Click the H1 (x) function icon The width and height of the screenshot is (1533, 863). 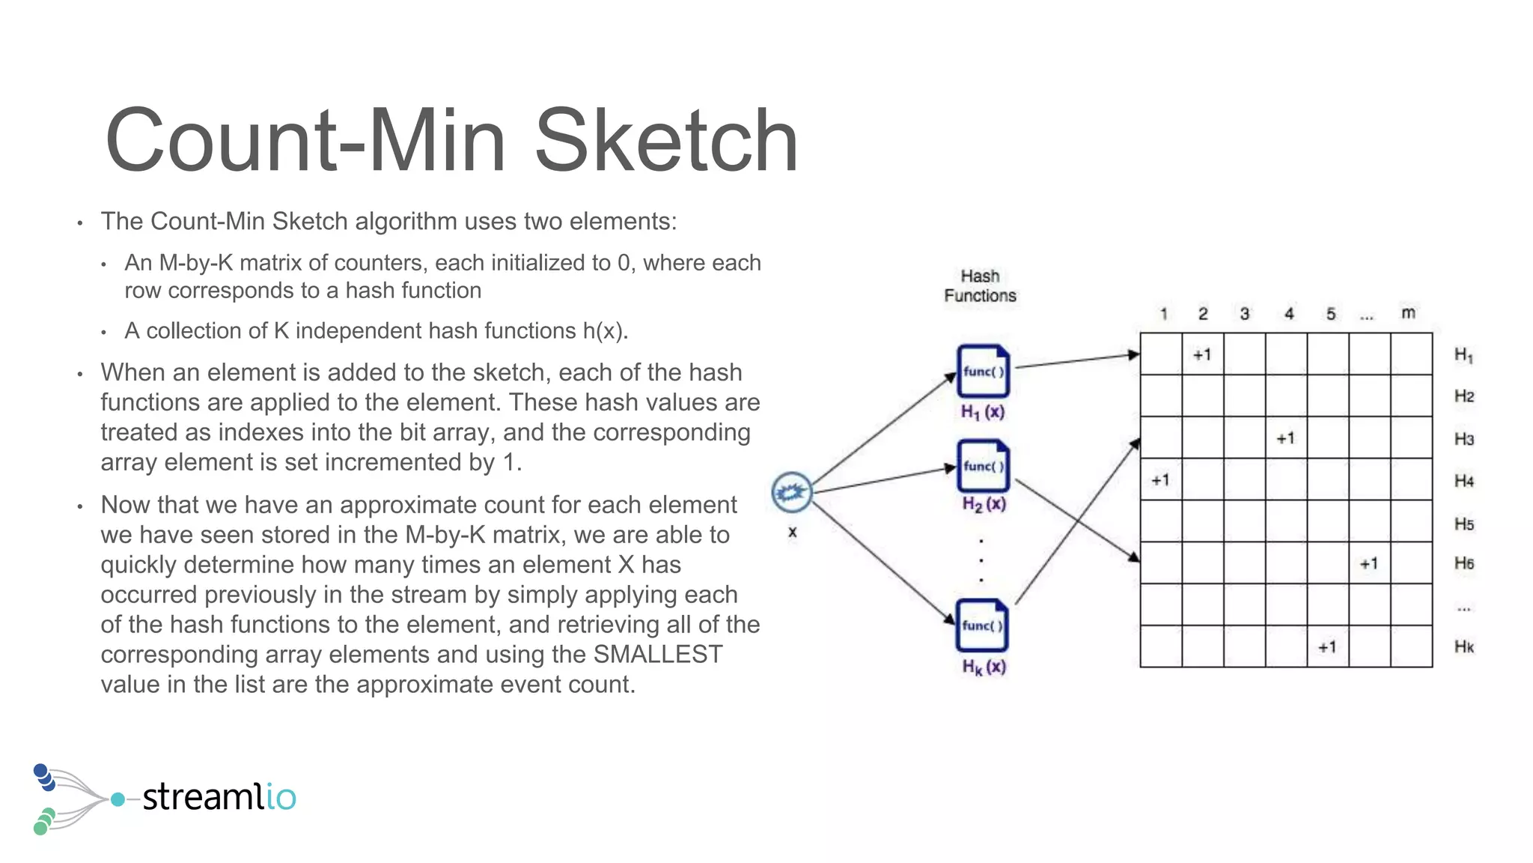click(983, 371)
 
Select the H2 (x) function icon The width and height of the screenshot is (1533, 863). click(983, 466)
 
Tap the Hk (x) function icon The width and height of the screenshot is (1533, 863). click(982, 626)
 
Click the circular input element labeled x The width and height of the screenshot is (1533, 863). click(792, 492)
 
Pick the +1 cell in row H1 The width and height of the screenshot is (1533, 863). click(1202, 354)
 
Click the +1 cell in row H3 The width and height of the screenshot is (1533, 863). click(1285, 438)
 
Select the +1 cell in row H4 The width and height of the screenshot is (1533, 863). click(1160, 480)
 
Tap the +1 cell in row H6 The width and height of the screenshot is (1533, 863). click(1369, 563)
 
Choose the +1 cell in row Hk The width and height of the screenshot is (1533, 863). click(1327, 647)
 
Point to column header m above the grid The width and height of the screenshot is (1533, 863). click(1408, 313)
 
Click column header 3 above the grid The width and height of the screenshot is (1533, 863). click(1244, 314)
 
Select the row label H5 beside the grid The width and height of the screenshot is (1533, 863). click(1464, 524)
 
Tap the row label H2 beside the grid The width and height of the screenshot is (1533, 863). click(1464, 396)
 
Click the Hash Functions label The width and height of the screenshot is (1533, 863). click(980, 286)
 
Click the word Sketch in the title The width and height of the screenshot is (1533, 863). click(665, 141)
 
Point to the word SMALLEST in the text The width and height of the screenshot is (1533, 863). click(658, 654)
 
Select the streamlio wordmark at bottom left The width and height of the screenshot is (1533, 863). click(219, 796)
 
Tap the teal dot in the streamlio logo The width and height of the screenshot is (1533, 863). click(118, 799)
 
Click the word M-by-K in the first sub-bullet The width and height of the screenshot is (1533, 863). click(196, 263)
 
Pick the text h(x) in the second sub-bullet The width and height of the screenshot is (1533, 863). click(604, 330)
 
